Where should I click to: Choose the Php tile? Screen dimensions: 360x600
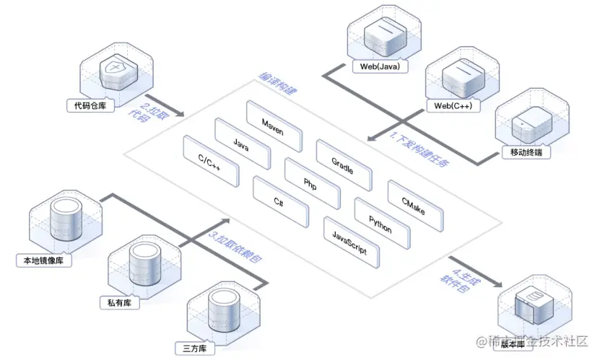[312, 180]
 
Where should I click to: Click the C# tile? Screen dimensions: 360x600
[281, 198]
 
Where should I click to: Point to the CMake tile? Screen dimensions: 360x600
[414, 202]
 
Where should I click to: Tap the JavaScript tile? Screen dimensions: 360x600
[351, 238]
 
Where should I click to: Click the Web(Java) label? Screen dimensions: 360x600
[380, 67]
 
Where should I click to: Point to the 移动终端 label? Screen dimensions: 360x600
[526, 153]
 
